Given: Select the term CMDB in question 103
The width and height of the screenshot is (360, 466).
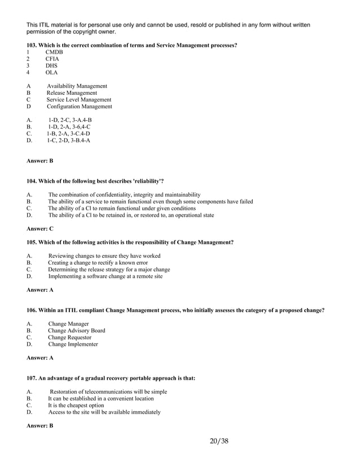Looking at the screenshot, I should point(54,52).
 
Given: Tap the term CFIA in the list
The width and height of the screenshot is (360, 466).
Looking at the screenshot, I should point(52,59).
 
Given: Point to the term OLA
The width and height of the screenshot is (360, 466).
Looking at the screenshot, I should point(52,73).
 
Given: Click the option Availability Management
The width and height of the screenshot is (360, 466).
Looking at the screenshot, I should point(77,86).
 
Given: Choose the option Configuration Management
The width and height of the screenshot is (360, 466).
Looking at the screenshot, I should point(79,107).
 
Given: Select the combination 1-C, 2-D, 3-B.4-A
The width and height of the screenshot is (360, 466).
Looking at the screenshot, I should point(68,140).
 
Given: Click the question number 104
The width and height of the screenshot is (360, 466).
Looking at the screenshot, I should point(32,181).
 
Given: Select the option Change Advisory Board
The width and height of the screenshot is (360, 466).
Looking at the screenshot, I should point(76,331).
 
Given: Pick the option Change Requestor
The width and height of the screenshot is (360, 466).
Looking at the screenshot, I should point(69,337).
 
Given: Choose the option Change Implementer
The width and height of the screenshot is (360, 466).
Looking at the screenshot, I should point(73,344).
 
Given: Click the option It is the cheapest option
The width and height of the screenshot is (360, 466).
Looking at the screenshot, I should point(76,405).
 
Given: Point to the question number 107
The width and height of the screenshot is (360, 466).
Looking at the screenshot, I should point(32,378).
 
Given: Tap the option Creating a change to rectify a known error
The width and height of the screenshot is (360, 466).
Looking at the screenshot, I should point(98,263).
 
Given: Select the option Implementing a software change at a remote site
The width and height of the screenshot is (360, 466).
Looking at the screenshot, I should point(105,276).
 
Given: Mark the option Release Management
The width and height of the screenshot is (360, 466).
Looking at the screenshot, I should point(72,93).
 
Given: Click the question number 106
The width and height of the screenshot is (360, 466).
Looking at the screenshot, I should point(32,310).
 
